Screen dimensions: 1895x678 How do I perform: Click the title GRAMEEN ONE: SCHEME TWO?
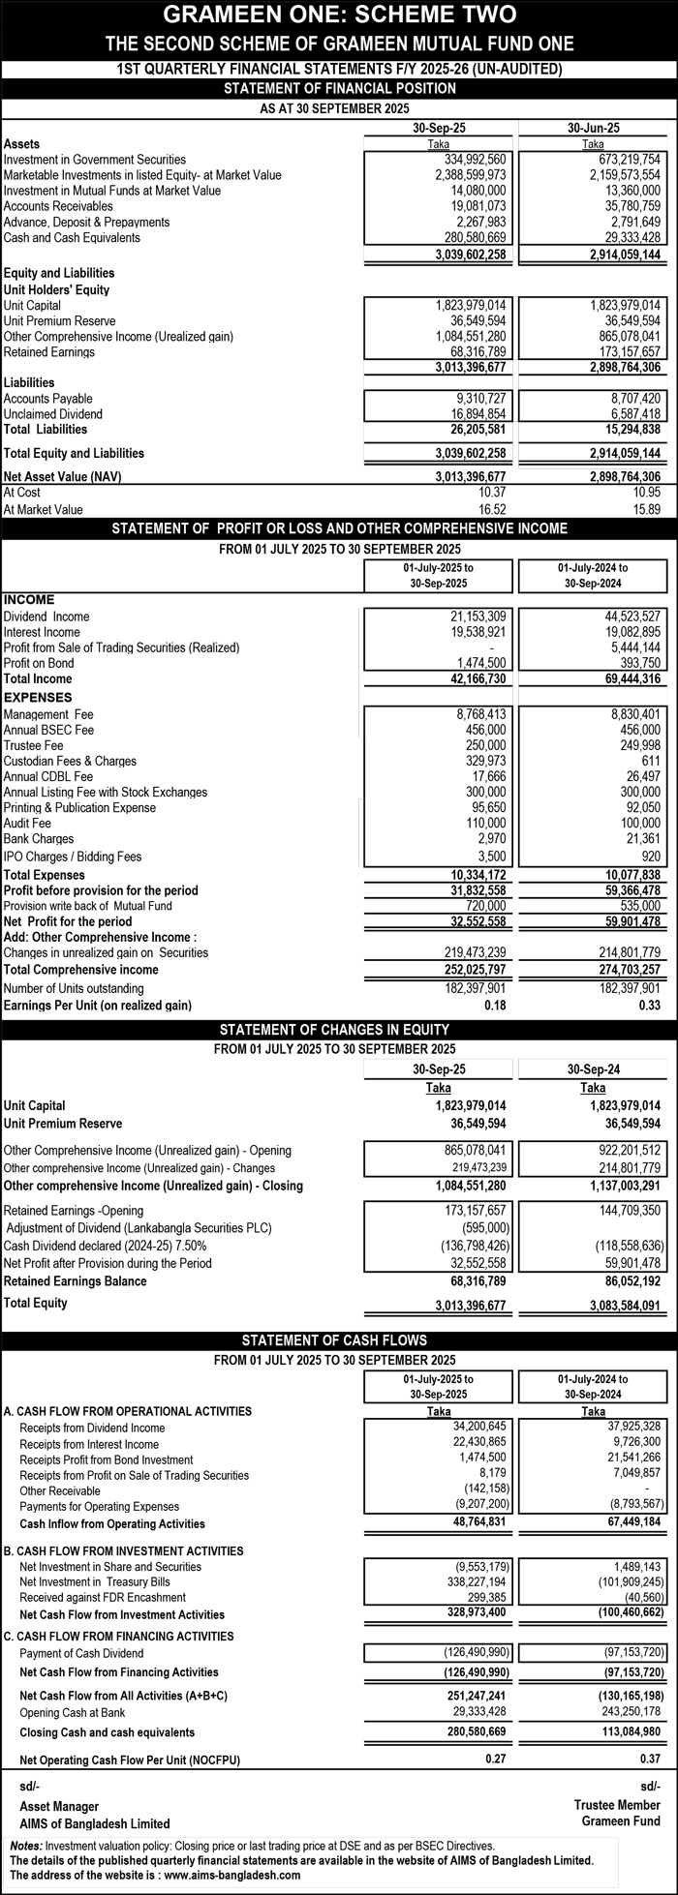pos(339,15)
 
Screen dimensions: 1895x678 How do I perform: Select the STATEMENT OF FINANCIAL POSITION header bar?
pos(339,89)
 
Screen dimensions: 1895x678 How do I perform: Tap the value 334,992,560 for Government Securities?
pos(472,160)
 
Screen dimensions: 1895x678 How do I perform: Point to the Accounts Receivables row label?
pos(58,206)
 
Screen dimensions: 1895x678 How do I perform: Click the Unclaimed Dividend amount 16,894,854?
pos(472,414)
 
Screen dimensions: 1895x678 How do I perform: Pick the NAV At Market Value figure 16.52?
pos(491,509)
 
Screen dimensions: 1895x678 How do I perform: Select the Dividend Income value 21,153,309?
pos(474,617)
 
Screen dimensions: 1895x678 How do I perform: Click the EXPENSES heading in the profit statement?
pos(38,697)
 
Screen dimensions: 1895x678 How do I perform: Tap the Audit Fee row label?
pos(29,824)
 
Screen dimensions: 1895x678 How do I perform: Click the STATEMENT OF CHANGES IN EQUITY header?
pos(339,1029)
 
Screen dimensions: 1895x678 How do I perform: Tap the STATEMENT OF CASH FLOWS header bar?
pos(339,1340)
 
